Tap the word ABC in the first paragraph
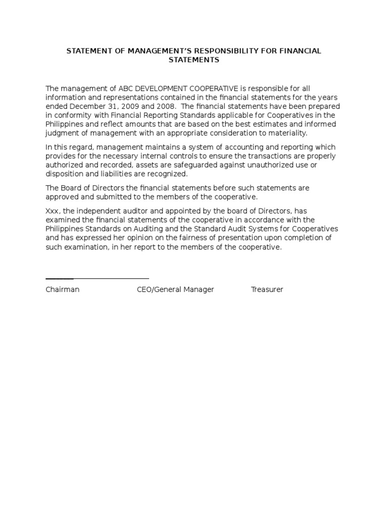126,89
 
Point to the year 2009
127,107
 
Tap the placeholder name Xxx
53,210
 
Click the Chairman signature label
62,290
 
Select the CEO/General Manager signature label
175,290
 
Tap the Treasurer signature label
267,290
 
